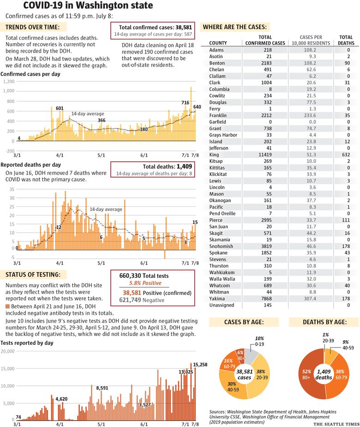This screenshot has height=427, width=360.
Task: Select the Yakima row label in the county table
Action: point(217,299)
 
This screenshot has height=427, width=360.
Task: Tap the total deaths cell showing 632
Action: point(346,155)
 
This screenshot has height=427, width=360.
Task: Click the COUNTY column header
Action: point(218,43)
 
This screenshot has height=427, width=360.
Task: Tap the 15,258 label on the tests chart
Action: point(200,365)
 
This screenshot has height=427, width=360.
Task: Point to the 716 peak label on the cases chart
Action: point(185,102)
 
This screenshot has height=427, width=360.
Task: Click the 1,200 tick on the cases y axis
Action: point(9,81)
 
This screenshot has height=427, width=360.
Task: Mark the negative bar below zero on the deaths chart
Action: point(165,254)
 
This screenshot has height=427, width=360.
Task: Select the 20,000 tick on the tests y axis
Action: point(8,351)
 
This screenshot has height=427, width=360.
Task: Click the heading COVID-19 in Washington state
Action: point(88,6)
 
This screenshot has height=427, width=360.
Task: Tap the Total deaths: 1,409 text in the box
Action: point(168,166)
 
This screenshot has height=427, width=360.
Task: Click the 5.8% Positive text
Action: point(145,283)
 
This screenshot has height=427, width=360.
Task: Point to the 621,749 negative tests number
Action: point(130,300)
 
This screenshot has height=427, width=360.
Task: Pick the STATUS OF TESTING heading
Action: point(33,275)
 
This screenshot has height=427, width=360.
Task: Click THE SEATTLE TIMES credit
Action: point(336,424)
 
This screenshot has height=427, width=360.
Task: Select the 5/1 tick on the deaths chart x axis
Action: point(101,263)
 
